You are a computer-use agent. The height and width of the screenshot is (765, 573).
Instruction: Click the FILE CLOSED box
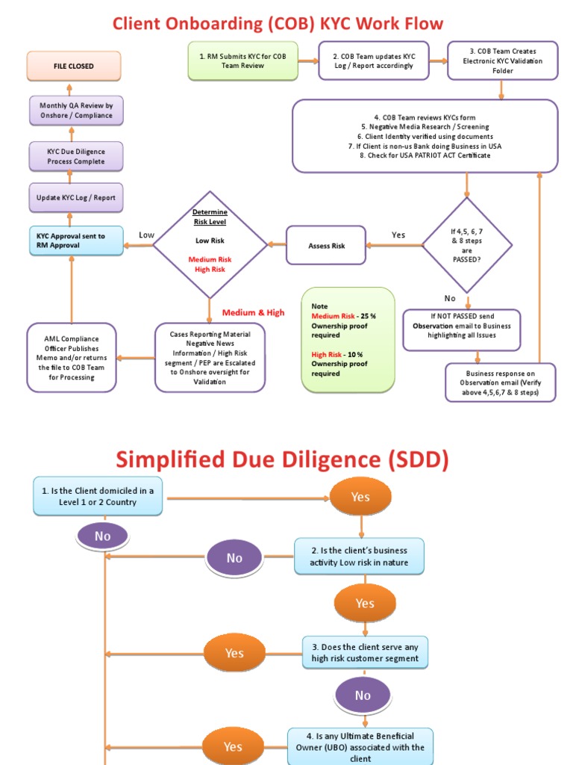[x=74, y=66]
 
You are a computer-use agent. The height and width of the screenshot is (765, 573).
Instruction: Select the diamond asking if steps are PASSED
[x=467, y=245]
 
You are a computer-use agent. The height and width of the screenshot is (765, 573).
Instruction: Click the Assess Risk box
[x=327, y=245]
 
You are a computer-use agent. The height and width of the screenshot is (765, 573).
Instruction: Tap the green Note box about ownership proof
[x=348, y=339]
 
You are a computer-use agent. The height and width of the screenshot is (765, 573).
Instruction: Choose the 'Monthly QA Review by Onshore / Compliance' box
[x=76, y=111]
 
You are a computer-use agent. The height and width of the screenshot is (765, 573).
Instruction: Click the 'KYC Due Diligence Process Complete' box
[x=76, y=156]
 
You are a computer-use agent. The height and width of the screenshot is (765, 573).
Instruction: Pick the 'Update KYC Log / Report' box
[x=76, y=198]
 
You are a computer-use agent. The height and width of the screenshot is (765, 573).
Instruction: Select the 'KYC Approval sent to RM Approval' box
[x=76, y=241]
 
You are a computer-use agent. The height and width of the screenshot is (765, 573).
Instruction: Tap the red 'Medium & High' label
[x=253, y=312]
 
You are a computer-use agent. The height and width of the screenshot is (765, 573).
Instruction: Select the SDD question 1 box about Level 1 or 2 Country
[x=98, y=496]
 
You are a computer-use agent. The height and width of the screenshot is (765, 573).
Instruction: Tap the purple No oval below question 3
[x=363, y=696]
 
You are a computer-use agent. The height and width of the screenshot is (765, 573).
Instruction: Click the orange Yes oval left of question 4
[x=233, y=746]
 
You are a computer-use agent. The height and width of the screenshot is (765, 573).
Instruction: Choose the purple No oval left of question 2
[x=234, y=557]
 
